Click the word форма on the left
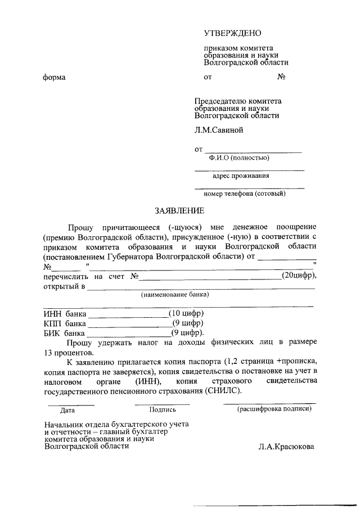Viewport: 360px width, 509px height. click(x=55, y=77)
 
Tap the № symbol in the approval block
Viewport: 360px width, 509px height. click(x=282, y=77)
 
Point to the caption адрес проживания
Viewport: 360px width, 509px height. click(x=241, y=175)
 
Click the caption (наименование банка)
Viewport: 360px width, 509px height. click(x=174, y=295)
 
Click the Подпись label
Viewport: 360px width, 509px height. click(x=163, y=411)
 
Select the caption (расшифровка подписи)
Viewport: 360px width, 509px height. click(x=273, y=409)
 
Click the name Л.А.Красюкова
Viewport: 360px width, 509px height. click(x=287, y=447)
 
